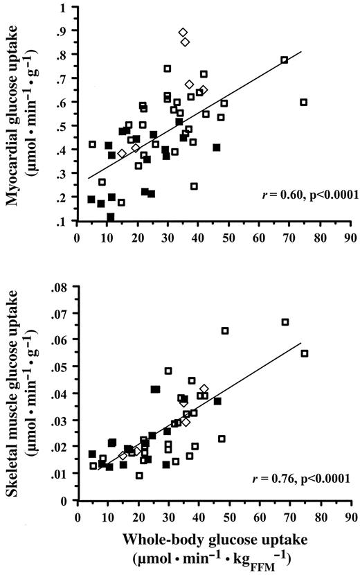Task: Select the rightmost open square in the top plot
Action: pos(303,102)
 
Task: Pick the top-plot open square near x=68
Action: pos(284,60)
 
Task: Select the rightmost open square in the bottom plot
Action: pos(304,353)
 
